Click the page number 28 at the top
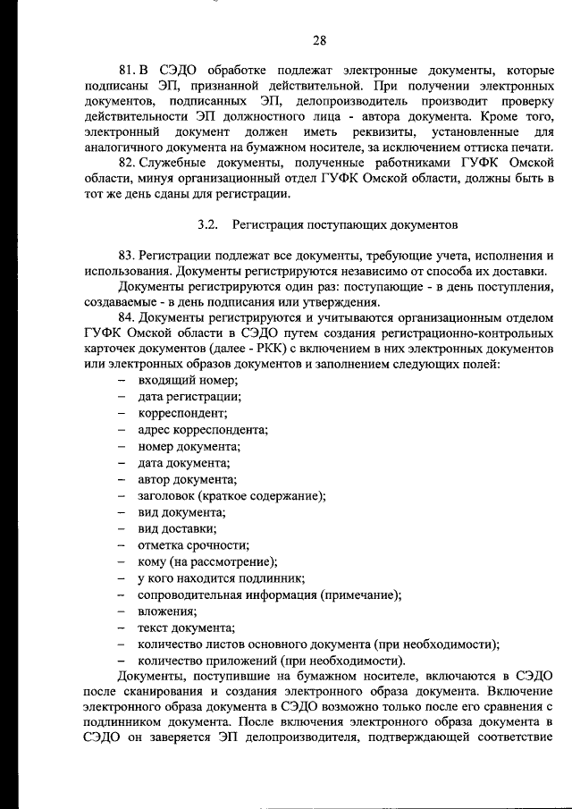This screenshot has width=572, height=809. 320,38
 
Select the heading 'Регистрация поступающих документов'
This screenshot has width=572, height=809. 345,223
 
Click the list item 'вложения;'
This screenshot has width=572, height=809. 167,611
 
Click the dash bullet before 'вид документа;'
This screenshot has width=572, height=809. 120,512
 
